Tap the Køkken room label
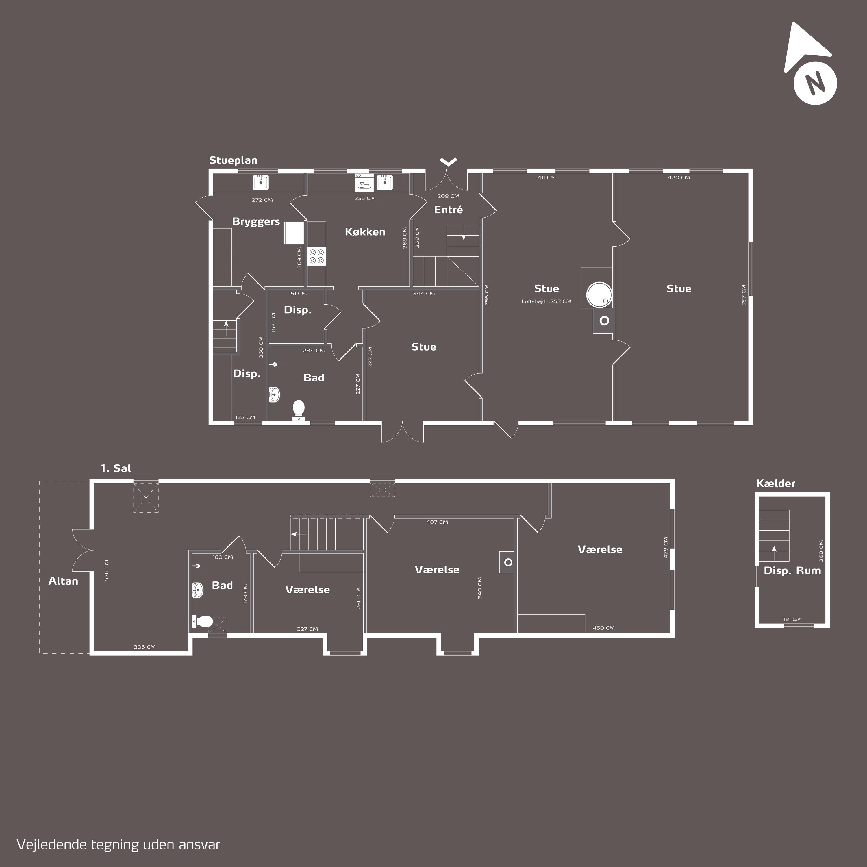(x=365, y=231)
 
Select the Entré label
(x=448, y=209)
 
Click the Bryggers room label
(x=256, y=221)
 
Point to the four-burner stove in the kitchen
(x=316, y=256)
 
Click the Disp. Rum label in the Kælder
(x=792, y=570)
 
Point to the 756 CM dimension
(x=486, y=295)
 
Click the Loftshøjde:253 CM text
(x=546, y=301)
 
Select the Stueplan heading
(x=233, y=160)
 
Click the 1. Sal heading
(x=116, y=468)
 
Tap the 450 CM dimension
(x=604, y=628)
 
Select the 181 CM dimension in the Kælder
(x=792, y=619)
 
